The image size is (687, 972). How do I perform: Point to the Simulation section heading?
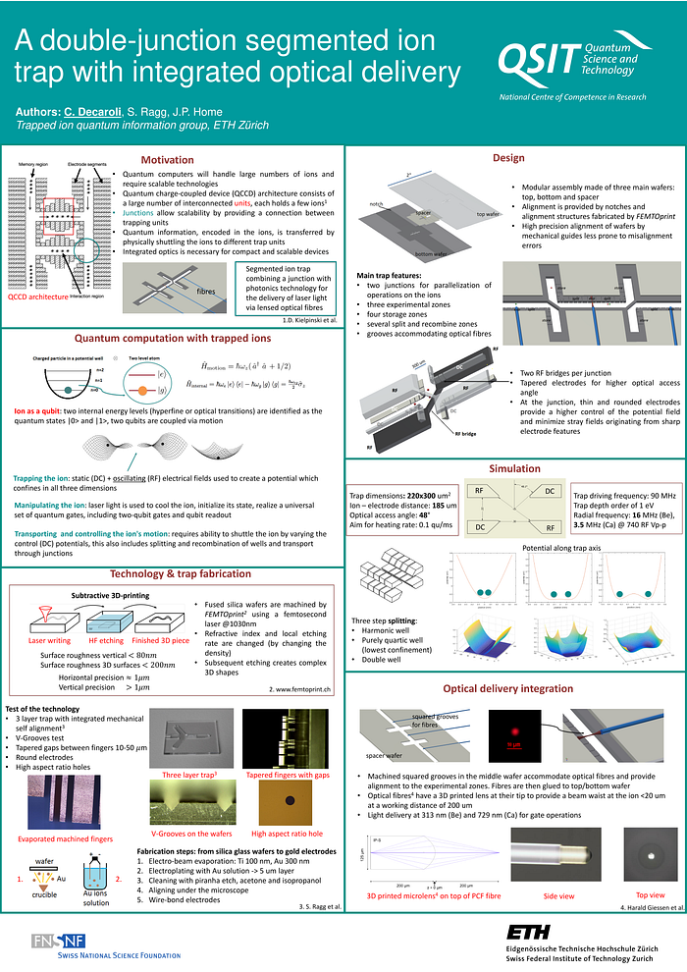[x=514, y=468]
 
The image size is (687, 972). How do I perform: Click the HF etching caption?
[x=105, y=640]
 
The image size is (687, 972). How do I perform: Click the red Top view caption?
[x=650, y=895]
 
